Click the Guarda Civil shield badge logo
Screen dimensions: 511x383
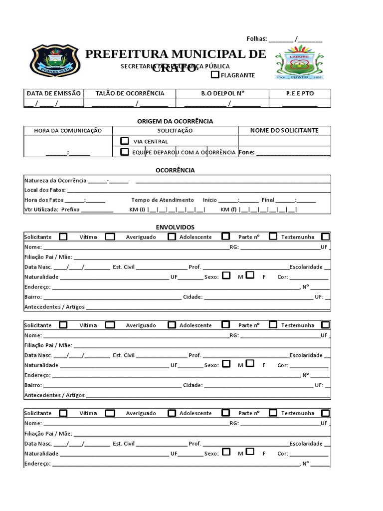coord(55,61)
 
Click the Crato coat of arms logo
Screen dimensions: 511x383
coord(299,63)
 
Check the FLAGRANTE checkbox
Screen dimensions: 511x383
coord(215,75)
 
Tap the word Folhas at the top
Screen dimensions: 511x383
coord(257,39)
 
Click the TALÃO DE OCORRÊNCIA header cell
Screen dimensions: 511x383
coord(130,93)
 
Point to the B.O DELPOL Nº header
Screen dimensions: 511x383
coord(223,93)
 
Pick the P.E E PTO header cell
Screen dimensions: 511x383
coord(300,93)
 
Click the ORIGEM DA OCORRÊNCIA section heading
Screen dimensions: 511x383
coord(175,121)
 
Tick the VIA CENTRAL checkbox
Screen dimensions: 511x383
coord(125,141)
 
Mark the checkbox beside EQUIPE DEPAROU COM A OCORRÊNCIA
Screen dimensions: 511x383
coord(125,152)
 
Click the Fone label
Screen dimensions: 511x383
coord(246,152)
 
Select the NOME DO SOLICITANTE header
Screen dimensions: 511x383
coord(284,131)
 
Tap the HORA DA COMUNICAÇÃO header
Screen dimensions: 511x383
coord(68,131)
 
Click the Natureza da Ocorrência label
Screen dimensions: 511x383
coord(55,180)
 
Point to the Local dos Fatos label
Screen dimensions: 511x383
coord(44,190)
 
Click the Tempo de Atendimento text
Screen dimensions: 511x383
coord(163,200)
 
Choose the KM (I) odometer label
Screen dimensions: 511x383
coord(137,210)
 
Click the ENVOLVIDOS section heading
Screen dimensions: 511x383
coord(175,227)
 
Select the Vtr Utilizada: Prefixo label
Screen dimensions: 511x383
coord(52,210)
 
